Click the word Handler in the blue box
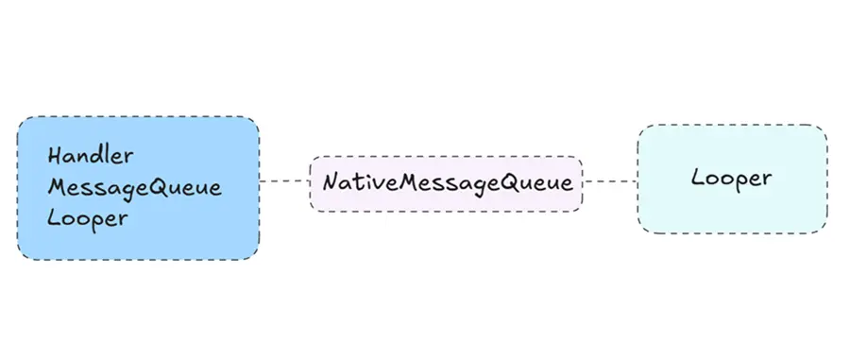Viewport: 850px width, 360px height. point(91,155)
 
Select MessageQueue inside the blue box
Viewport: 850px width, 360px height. point(134,186)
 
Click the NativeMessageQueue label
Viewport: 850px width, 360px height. point(448,182)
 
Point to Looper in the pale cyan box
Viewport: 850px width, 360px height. point(731,177)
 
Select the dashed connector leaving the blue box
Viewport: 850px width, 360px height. point(284,180)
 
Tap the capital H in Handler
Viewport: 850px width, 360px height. point(55,155)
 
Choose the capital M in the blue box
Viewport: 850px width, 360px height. point(57,186)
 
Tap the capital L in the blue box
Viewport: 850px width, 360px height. point(54,216)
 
